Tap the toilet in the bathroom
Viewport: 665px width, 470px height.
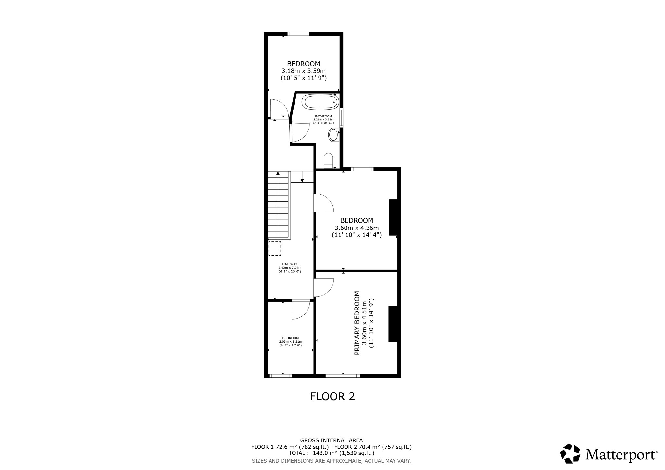pos(328,160)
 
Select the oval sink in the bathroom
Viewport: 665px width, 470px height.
pos(333,134)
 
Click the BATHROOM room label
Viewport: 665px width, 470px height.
pos(323,116)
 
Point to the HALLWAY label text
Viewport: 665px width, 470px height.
pos(290,264)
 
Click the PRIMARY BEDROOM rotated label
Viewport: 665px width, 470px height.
pos(357,323)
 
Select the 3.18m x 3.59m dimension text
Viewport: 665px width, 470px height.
pos(303,71)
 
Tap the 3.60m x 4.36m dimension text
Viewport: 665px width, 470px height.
pos(357,228)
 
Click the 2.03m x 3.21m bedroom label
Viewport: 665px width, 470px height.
pos(290,341)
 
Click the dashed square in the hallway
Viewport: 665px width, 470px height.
pos(275,248)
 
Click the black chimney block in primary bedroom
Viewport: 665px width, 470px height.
pos(393,324)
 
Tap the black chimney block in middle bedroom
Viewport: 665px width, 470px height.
pos(394,217)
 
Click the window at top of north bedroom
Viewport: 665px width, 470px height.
pos(298,34)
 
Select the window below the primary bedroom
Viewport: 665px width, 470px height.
pos(343,376)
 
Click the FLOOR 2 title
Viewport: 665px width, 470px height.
pos(332,396)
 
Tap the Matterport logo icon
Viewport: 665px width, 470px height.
pos(570,453)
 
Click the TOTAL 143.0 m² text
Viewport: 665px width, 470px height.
pos(331,453)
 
